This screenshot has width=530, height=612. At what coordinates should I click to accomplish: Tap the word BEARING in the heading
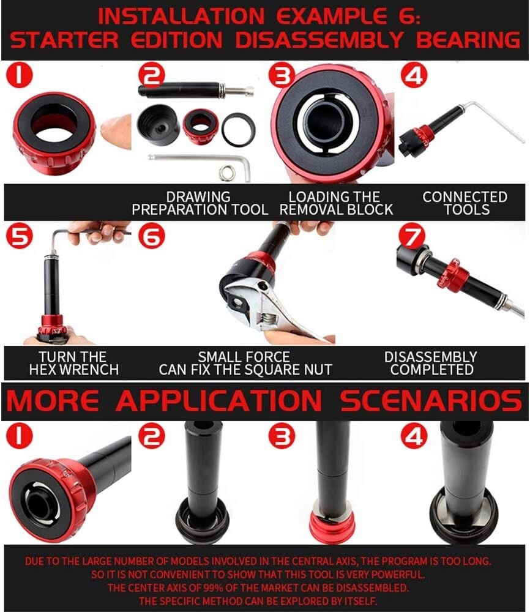pos(468,40)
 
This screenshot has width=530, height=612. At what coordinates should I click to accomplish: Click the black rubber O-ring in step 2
pos(239,129)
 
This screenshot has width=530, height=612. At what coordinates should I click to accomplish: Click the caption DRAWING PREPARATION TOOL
pos(200,203)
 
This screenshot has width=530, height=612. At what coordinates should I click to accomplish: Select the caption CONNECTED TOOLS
pos(465,203)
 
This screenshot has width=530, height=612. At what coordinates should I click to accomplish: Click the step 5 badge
pos(20,237)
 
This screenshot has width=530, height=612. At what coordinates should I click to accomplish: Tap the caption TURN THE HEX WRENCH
pos(73,363)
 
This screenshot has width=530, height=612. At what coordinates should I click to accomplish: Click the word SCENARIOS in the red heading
pos(431,401)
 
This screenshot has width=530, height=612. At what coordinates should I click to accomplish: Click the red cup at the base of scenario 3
pos(332,526)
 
